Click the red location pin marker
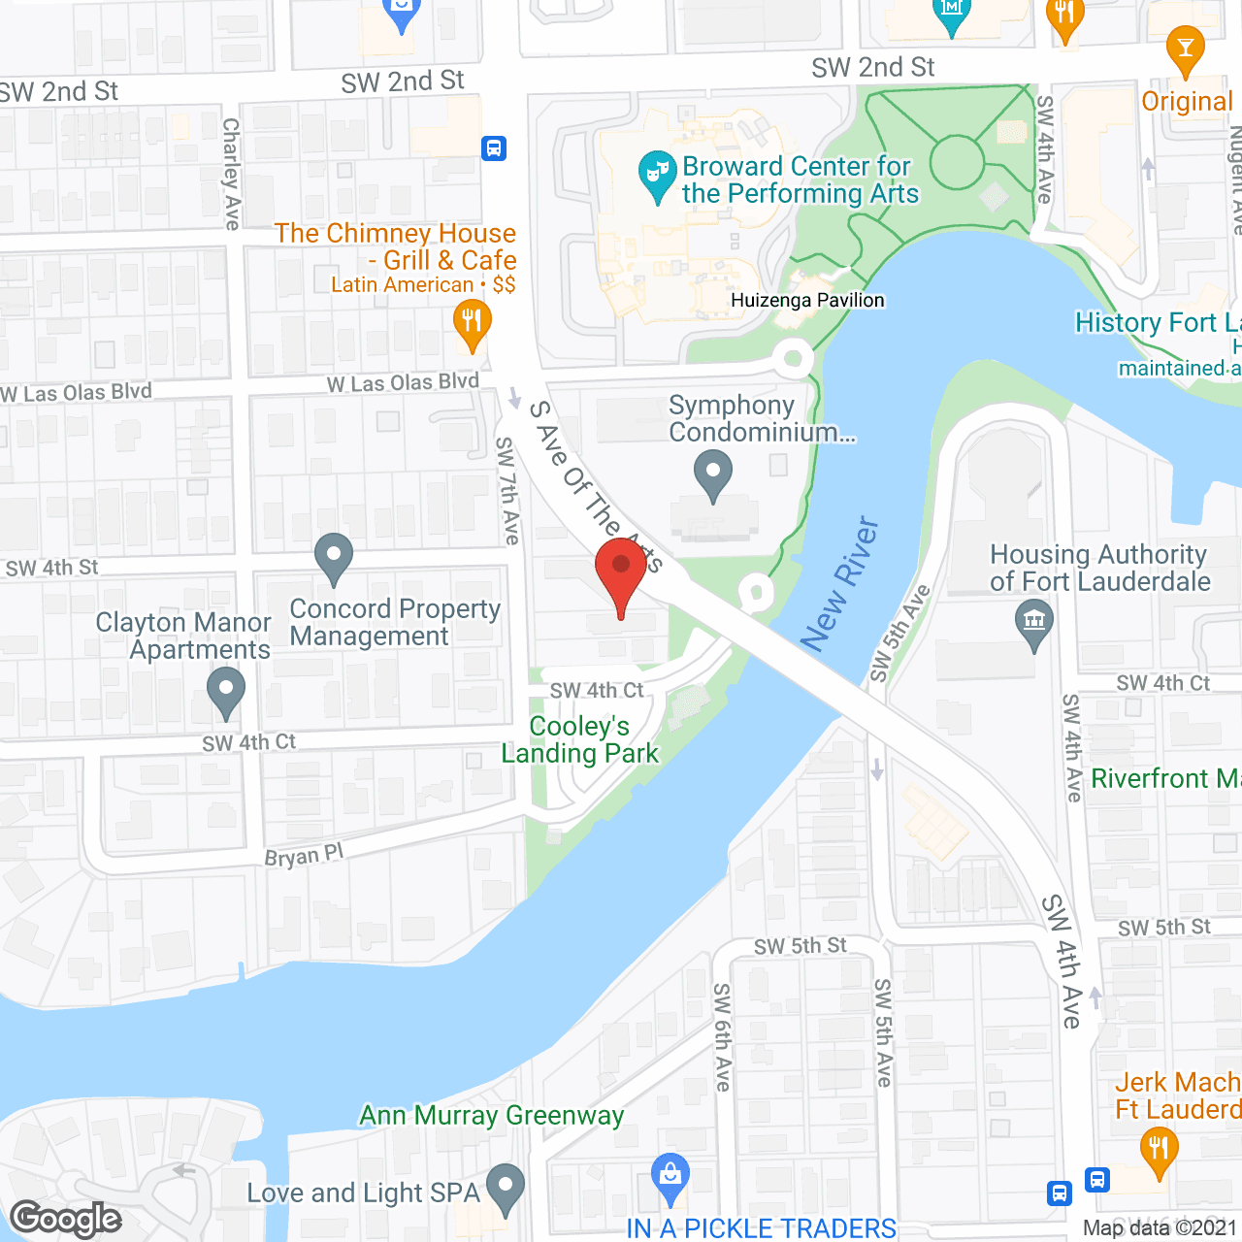(x=621, y=569)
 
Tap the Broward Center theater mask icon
(x=657, y=174)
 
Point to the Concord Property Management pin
(x=334, y=557)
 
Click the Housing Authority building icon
(x=1033, y=622)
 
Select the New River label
(x=840, y=584)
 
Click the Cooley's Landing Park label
(x=579, y=739)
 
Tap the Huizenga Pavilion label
(x=807, y=300)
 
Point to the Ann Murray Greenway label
(x=491, y=1116)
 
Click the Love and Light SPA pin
(x=505, y=1187)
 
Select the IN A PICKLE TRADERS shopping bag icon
(x=670, y=1174)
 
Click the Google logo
(x=66, y=1219)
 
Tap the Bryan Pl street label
(x=304, y=856)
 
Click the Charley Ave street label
(x=231, y=174)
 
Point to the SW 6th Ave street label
(x=722, y=1036)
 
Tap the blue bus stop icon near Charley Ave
(x=494, y=148)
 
